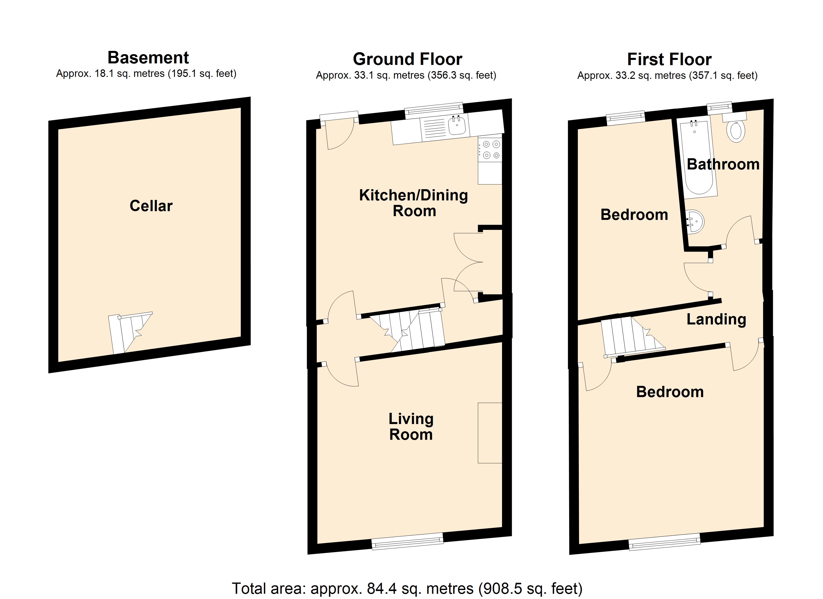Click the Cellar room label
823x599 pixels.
pyautogui.click(x=151, y=206)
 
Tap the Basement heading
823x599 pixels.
pyautogui.click(x=148, y=58)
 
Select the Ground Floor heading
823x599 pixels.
pyautogui.click(x=408, y=59)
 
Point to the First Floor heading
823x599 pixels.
pyautogui.click(x=670, y=59)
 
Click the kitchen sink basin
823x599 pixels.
pyautogui.click(x=457, y=125)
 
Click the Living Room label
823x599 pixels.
pyautogui.click(x=411, y=427)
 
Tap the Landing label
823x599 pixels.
pyautogui.click(x=716, y=319)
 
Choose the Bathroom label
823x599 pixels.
pyautogui.click(x=723, y=164)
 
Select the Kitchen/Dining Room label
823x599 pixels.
pyautogui.click(x=414, y=203)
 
